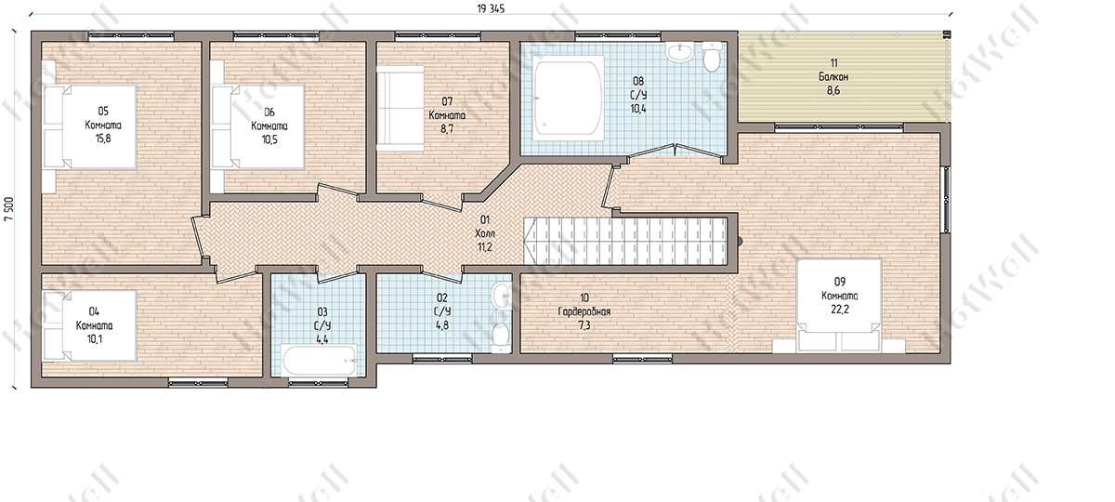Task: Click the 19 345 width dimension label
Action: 491,9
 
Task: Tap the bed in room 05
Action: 90,127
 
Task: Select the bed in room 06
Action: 258,127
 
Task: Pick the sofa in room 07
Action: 400,108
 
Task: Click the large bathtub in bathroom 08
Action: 568,98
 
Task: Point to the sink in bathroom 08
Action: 679,53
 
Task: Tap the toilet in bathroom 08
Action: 712,56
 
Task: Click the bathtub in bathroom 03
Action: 320,360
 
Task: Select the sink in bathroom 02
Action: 501,297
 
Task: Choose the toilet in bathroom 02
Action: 500,337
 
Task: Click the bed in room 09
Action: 839,306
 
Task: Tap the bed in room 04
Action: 90,325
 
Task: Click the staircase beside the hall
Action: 624,241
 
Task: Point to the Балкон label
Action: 833,76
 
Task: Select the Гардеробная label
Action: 584,311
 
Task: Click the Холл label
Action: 485,233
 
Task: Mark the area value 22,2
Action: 840,310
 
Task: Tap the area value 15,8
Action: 103,139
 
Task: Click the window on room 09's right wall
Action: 946,199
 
